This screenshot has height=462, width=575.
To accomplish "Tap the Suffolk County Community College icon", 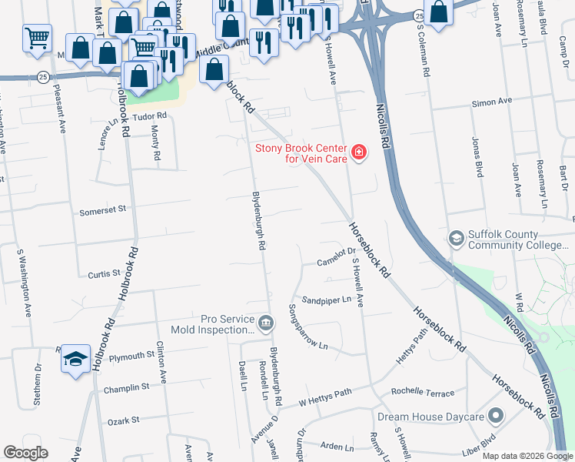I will [x=457, y=239].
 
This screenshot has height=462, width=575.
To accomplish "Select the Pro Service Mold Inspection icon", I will [x=265, y=323].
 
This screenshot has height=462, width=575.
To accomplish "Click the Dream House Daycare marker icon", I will [x=496, y=417].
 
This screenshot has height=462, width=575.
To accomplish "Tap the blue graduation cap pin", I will [x=75, y=358].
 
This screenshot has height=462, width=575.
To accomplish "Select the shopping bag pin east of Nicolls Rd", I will [x=438, y=13].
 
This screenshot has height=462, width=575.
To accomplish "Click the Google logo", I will [x=25, y=453].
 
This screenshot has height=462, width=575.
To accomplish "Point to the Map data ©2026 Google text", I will [x=527, y=456].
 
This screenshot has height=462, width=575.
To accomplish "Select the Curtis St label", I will [x=105, y=273].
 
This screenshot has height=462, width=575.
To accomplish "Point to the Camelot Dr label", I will [x=334, y=263].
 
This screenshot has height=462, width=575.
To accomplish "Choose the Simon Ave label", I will [x=492, y=102].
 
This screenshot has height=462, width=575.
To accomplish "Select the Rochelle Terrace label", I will [x=423, y=393].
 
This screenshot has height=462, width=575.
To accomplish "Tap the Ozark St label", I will [x=123, y=420].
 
